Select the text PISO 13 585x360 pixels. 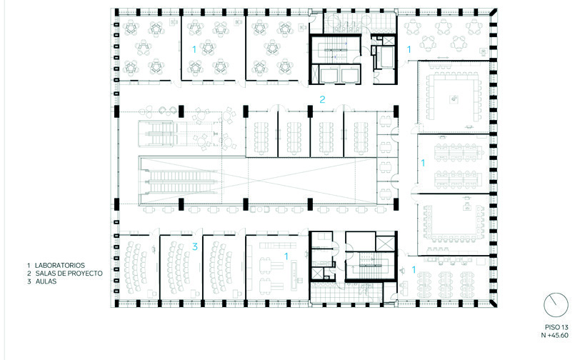pos(556,327)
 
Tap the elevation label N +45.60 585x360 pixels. pos(555,335)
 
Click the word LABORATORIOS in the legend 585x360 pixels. pos(60,266)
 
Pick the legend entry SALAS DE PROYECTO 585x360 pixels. pos(69,274)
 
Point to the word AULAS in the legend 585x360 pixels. pos(46,281)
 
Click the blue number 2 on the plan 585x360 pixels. pos(322,99)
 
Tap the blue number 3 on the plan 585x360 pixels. pos(195,246)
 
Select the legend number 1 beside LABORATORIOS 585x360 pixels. pos(29,266)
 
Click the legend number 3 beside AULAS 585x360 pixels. pos(29,281)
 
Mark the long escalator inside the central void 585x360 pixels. pos(180,181)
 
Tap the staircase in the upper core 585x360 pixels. pos(335,49)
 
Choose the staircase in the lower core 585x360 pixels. pos(369,265)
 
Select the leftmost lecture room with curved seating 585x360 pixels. pos(136,267)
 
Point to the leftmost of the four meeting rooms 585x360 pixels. pos(262,134)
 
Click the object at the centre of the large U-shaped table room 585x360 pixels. pos(454,99)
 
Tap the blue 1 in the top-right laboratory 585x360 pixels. pos(409,49)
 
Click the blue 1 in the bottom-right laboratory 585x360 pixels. pos(414,269)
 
